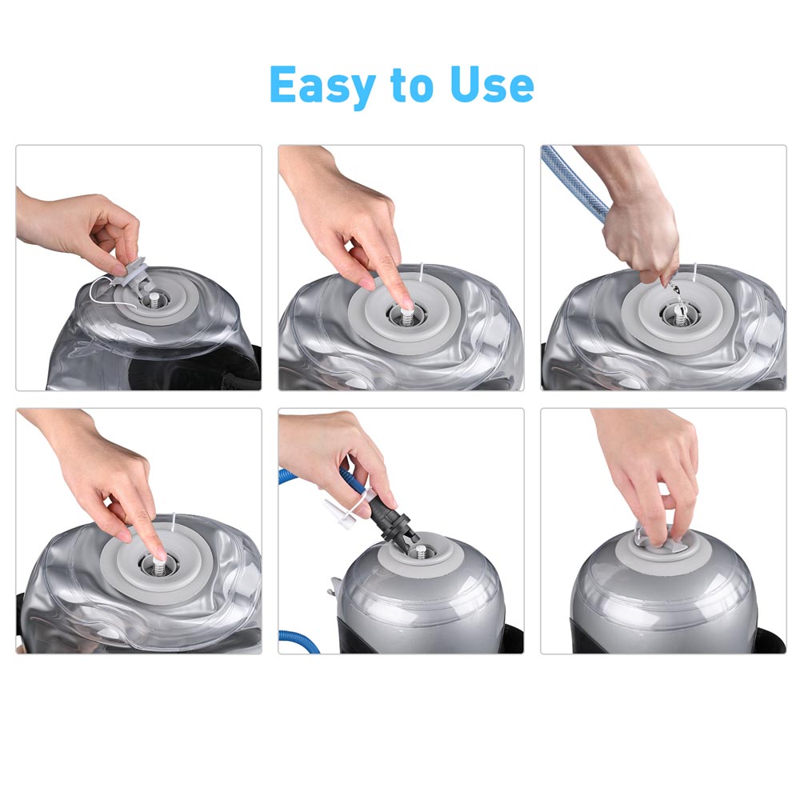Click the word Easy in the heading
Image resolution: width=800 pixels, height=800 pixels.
pyautogui.click(x=322, y=86)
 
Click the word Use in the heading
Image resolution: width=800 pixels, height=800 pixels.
pyautogui.click(x=492, y=84)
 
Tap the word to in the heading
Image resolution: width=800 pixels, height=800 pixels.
pyautogui.click(x=413, y=86)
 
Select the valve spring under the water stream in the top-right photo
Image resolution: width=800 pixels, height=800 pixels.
pyautogui.click(x=680, y=318)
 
